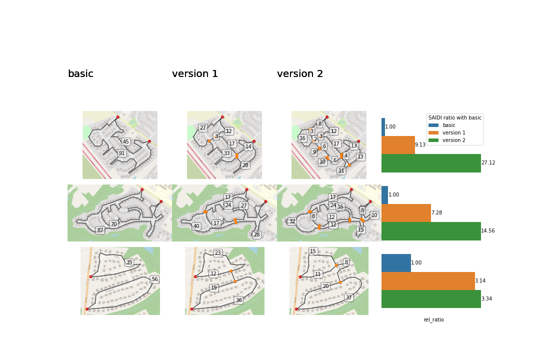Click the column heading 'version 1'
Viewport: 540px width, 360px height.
tap(195, 74)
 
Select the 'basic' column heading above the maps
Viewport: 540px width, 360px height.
tap(80, 74)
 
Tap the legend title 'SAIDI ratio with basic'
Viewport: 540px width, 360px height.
tap(455, 118)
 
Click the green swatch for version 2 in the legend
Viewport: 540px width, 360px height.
tap(433, 140)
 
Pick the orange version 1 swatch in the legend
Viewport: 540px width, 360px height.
tap(433, 133)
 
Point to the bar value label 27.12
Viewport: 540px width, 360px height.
tap(488, 163)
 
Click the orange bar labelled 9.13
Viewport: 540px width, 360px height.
tap(398, 145)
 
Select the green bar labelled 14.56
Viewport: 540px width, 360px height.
tap(431, 231)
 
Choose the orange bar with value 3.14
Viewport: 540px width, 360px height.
tap(428, 281)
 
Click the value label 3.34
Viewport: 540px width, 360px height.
tap(487, 299)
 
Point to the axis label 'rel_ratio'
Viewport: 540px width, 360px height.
tap(433, 320)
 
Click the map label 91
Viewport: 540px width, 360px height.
tap(121, 153)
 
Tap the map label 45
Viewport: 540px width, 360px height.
tap(126, 142)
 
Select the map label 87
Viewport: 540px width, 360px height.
tap(100, 230)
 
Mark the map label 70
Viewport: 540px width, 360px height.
tap(113, 224)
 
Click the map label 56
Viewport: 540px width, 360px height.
tap(154, 279)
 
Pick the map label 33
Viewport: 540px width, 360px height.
tap(226, 153)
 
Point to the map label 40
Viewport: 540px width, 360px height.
tap(196, 226)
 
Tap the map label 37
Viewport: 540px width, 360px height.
tap(348, 297)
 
